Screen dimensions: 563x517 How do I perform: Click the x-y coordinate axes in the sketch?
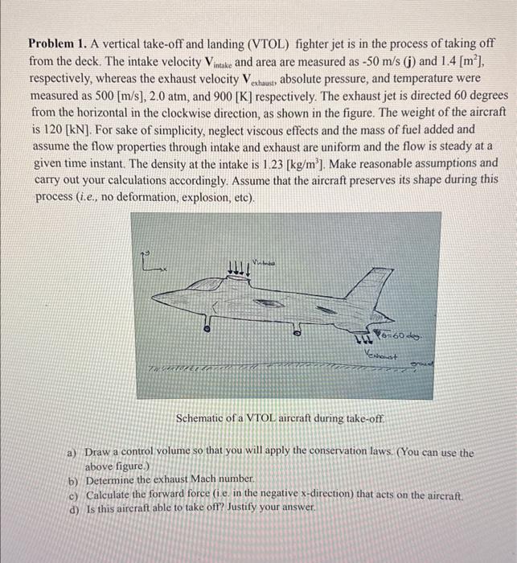point(148,258)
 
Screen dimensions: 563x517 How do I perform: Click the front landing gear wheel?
point(207,328)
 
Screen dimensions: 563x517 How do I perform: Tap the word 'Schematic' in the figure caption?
point(200,419)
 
